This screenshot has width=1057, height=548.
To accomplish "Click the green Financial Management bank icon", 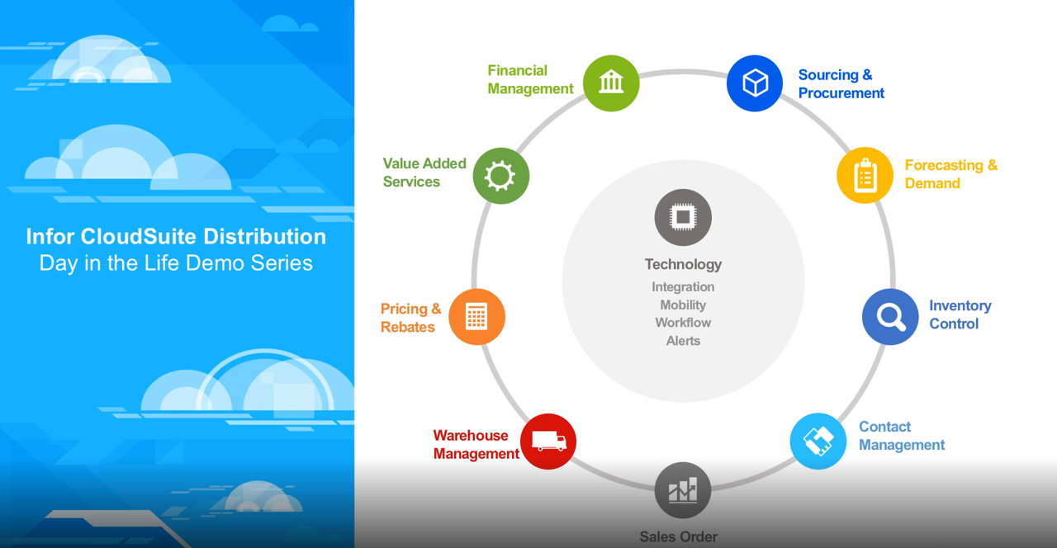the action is (611, 83).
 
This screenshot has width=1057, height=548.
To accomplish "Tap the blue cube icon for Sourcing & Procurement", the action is (755, 83).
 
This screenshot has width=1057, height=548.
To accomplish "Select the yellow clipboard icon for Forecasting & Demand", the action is (865, 176).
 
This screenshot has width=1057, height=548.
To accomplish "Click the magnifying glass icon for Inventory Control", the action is (890, 316).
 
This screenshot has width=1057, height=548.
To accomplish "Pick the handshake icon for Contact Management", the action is (818, 442).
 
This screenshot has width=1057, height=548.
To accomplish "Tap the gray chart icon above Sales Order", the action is (683, 490).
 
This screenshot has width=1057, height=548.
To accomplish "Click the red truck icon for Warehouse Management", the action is (548, 442).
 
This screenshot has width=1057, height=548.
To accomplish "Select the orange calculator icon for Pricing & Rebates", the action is (476, 316).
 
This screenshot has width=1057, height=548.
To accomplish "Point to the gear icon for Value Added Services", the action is (501, 176).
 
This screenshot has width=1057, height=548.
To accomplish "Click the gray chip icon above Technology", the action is (683, 217).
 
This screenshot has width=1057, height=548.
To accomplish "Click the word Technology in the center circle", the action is (683, 265).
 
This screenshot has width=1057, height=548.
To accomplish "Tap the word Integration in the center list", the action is (683, 287).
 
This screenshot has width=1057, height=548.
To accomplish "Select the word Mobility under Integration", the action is (683, 305).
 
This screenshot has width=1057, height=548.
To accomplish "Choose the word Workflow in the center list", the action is (683, 323).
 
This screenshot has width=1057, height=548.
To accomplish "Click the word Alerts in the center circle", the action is (683, 341).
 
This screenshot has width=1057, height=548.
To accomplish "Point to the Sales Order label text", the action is (679, 536).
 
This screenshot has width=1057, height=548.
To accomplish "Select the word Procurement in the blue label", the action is (841, 93).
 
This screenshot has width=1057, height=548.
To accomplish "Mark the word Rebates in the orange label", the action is (408, 328).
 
